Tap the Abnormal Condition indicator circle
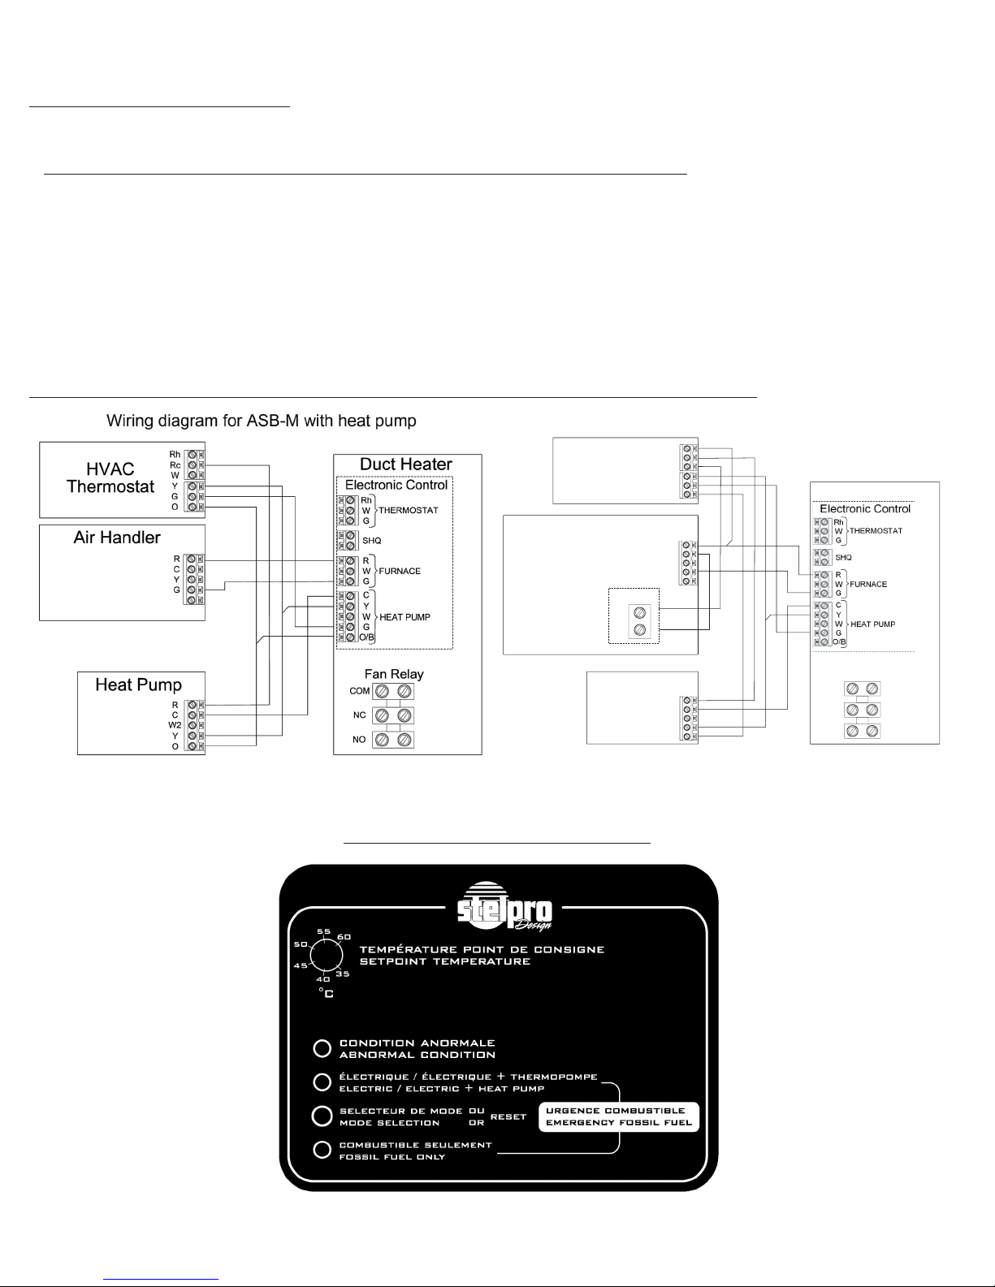click(x=322, y=1048)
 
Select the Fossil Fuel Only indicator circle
click(x=322, y=1150)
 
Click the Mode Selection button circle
click(x=322, y=1116)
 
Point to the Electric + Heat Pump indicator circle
click(x=322, y=1082)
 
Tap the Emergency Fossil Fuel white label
click(x=619, y=1116)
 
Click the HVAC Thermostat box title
click(x=110, y=477)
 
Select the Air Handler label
click(x=117, y=538)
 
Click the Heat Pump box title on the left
click(x=138, y=685)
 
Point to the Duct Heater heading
click(x=406, y=464)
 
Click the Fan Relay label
click(x=394, y=674)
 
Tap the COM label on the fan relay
click(x=360, y=691)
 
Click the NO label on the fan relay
click(x=359, y=740)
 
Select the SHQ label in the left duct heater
click(x=371, y=541)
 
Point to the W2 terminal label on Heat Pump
click(x=174, y=725)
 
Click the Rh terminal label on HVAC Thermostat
click(x=175, y=454)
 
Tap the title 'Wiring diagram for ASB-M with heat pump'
click(x=262, y=421)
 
